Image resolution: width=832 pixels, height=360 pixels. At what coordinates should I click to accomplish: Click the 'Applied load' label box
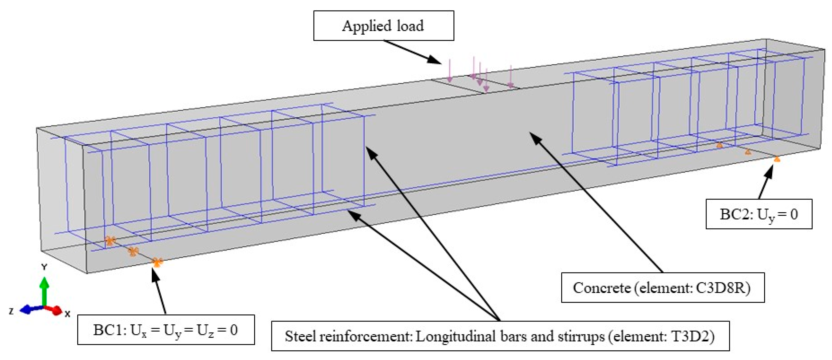[x=384, y=25]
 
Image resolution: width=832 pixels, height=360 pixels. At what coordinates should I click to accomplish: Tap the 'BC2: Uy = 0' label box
[x=759, y=214]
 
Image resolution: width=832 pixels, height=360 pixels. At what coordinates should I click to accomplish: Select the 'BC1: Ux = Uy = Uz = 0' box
[x=166, y=330]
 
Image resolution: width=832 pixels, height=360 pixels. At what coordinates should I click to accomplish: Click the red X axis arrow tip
[x=58, y=311]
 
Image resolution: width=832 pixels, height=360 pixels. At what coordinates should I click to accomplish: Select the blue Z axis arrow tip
[x=22, y=310]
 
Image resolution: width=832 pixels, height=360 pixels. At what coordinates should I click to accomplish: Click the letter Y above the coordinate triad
[x=44, y=267]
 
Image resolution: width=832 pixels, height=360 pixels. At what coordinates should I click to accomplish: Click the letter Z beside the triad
[x=11, y=311]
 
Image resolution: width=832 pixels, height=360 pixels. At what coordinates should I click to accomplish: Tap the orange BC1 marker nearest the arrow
[x=157, y=262]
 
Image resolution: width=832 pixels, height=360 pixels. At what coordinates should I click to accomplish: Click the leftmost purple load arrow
[x=449, y=70]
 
